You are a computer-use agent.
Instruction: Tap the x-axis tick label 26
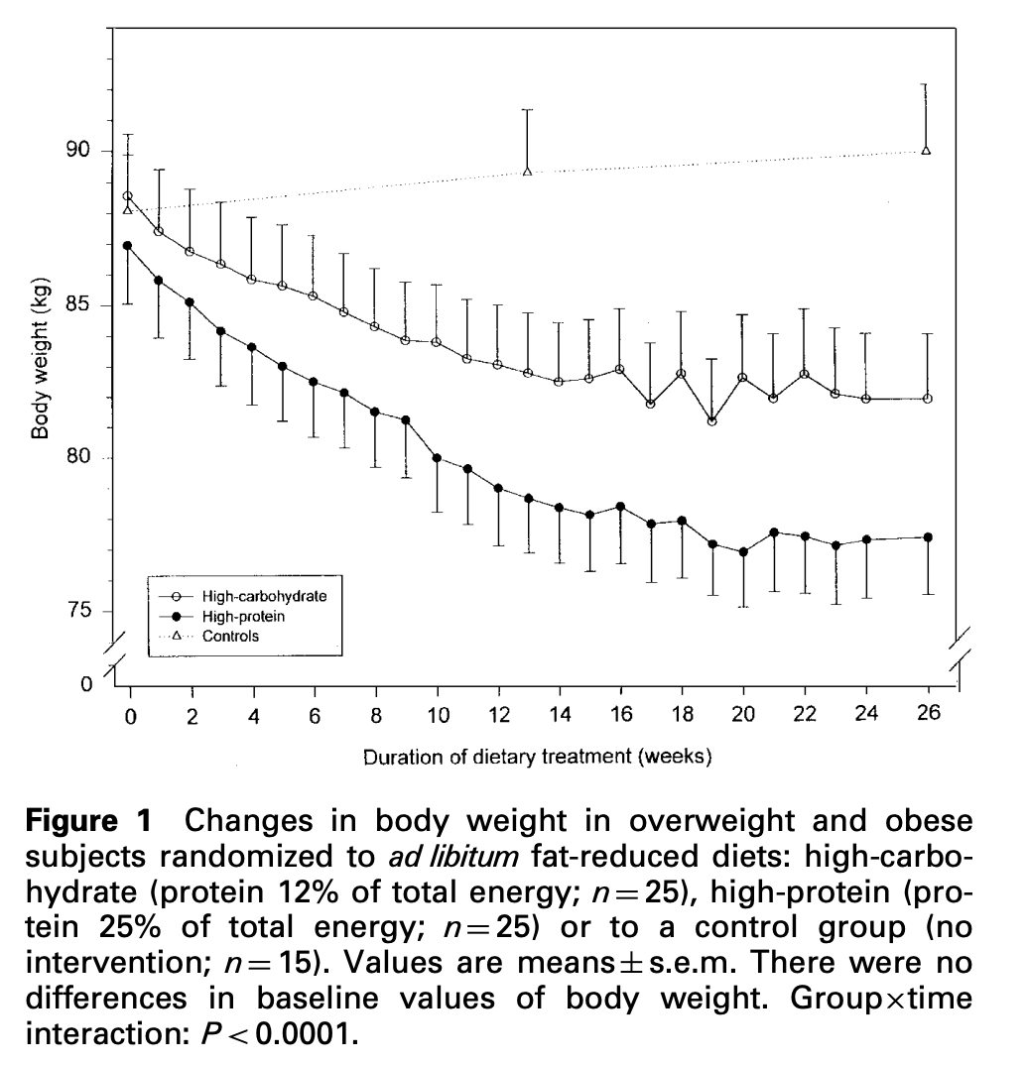(928, 714)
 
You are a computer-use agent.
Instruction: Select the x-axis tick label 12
(499, 716)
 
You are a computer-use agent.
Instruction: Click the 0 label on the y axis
(86, 684)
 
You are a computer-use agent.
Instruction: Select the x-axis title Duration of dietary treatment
(537, 759)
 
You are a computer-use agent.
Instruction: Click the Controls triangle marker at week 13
(528, 172)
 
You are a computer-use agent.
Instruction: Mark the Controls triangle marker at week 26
(927, 150)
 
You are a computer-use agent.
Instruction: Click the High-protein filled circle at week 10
(437, 458)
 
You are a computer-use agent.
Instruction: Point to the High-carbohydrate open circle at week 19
(711, 421)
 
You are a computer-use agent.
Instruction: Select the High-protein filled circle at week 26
(928, 537)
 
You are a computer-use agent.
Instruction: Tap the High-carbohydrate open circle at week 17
(651, 404)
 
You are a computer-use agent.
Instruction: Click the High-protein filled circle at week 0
(128, 245)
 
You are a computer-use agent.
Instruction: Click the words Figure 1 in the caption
(89, 821)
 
